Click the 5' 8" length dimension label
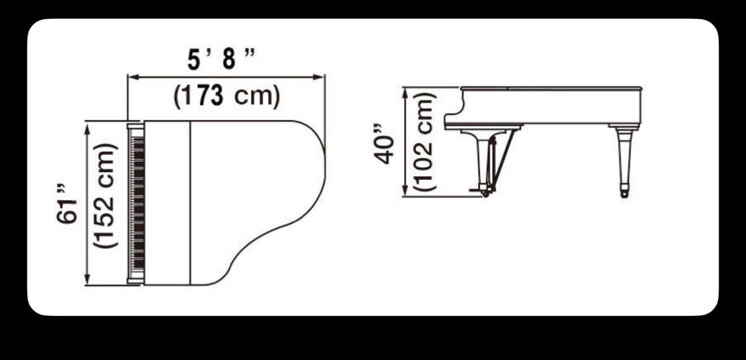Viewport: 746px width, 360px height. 221,59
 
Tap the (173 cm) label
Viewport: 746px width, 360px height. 227,96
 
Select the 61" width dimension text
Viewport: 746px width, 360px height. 66,204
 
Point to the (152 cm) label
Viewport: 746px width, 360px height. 106,196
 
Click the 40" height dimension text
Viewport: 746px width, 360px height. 384,144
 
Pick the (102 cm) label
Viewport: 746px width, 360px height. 424,141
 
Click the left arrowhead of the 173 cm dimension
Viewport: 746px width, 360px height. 133,77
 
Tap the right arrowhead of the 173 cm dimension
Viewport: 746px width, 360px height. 319,77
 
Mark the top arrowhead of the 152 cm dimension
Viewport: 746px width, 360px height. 88,128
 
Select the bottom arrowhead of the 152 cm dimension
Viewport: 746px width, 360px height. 88,279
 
